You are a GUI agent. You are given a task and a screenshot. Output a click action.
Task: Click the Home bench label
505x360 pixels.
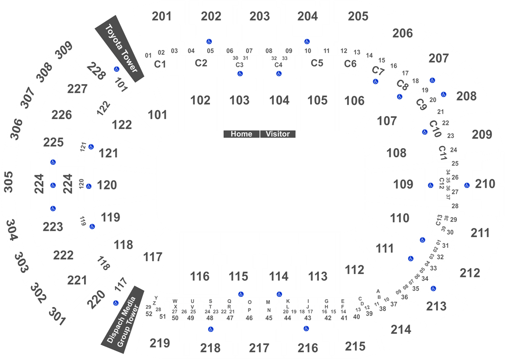[x=241, y=134]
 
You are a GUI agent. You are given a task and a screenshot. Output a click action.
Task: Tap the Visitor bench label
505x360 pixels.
[x=278, y=134]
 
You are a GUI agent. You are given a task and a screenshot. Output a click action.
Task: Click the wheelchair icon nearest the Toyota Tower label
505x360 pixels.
[x=117, y=69]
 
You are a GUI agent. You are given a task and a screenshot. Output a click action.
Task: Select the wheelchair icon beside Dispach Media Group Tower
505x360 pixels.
[x=116, y=303]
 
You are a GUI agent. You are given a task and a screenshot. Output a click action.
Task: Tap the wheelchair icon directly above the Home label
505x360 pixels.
[x=240, y=74]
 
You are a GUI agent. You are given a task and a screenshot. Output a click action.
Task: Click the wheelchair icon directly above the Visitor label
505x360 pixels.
[x=279, y=74]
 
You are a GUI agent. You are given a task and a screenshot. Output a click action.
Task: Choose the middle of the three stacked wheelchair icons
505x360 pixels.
[x=53, y=185]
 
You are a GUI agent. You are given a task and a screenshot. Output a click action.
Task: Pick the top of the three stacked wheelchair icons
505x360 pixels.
[x=53, y=162]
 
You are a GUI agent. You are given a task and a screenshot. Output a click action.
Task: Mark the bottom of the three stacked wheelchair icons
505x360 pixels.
[x=53, y=208]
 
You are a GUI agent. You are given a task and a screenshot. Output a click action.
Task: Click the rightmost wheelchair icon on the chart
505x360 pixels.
[x=467, y=185]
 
